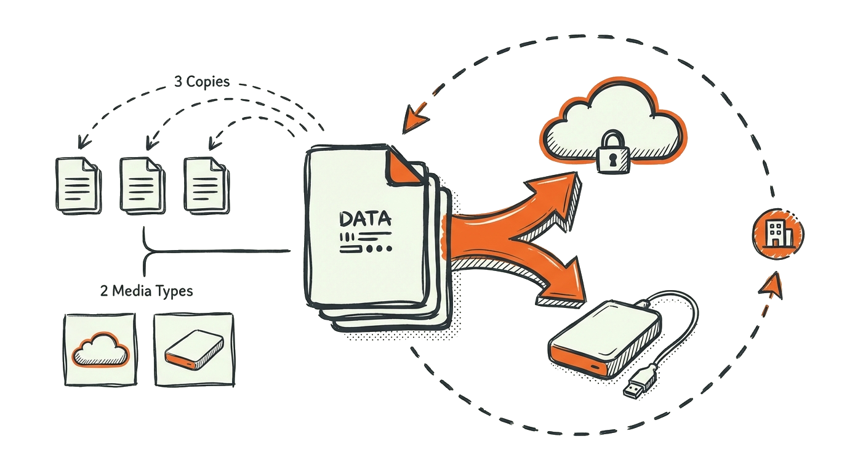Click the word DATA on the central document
tap(364, 219)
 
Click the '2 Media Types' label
tap(146, 291)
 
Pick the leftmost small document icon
tap(78, 184)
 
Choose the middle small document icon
tap(142, 185)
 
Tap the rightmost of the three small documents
tap(206, 185)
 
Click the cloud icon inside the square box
tap(100, 350)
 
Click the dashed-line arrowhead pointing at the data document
tap(413, 121)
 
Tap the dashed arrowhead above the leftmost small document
tap(81, 144)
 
